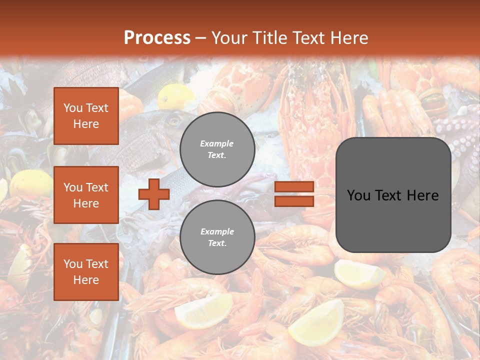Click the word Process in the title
click(157, 37)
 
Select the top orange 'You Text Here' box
click(86, 116)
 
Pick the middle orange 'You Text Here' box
click(86, 195)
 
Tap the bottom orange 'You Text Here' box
click(86, 271)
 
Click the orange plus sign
click(154, 194)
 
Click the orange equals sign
click(294, 194)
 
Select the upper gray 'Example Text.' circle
click(217, 149)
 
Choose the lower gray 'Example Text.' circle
click(217, 237)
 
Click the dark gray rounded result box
click(393, 195)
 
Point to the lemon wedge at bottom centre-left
click(205, 310)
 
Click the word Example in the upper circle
click(216, 143)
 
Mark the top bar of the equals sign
click(294, 187)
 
